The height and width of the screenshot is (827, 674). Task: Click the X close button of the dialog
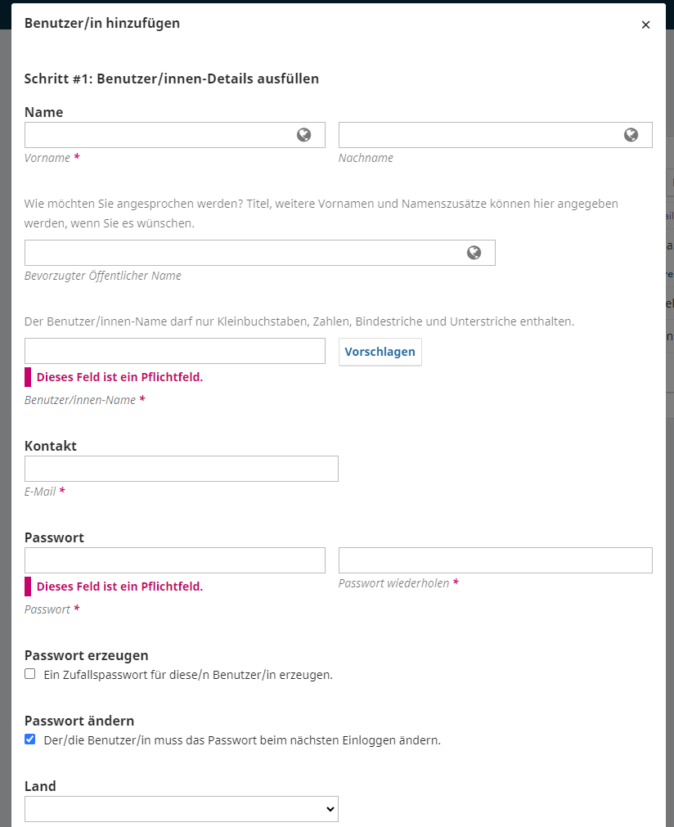pos(645,25)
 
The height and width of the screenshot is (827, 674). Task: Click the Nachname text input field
pos(479,135)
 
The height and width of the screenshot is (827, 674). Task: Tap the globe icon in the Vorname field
pos(304,135)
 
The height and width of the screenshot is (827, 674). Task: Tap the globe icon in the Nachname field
pos(631,135)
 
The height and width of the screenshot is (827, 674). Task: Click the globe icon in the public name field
pos(474,253)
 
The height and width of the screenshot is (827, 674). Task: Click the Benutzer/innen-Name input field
pos(175,351)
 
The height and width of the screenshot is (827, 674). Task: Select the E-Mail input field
pos(182,469)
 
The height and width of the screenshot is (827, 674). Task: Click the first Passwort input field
pos(175,560)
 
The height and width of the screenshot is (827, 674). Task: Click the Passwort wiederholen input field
pos(496,560)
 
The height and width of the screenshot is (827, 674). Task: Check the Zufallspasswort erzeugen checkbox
pos(30,674)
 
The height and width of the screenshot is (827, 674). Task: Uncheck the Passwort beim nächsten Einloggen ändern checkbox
pos(30,739)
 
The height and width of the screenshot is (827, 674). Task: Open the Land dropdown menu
pos(182,809)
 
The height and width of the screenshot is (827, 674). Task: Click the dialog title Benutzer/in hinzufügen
pos(102,23)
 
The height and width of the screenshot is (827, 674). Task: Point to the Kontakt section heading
pos(51,446)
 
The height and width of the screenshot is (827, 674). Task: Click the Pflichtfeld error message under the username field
pos(119,377)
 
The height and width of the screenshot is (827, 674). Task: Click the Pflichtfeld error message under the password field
pos(119,587)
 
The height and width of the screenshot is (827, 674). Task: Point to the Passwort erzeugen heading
pos(87,655)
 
